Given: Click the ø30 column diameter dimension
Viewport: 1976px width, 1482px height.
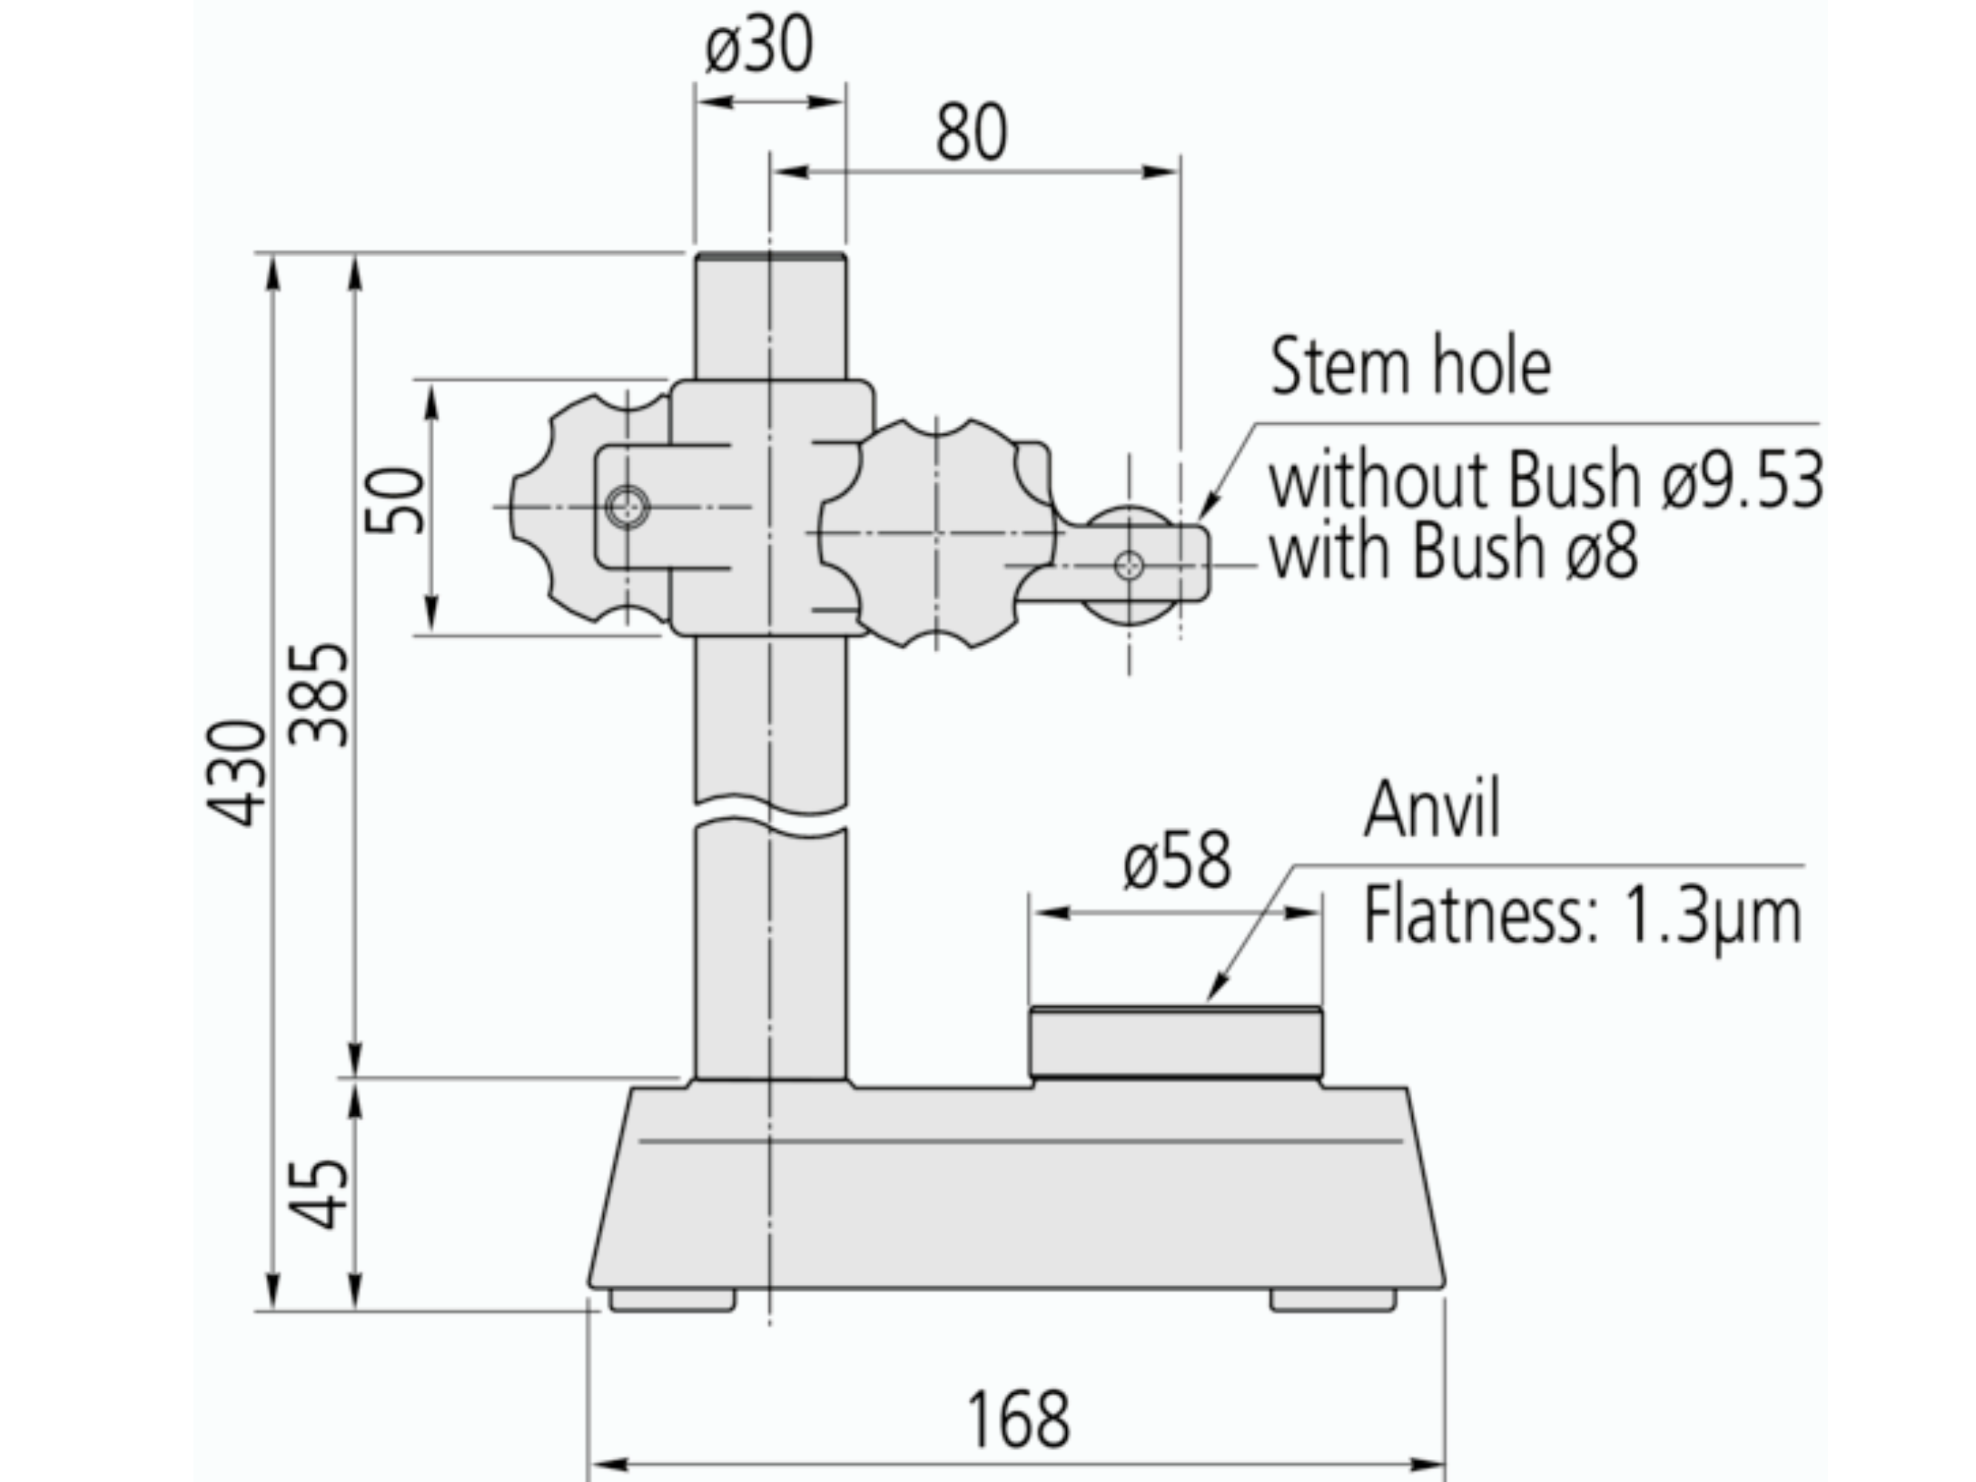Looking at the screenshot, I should point(759,47).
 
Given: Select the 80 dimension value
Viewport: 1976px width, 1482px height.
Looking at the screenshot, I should point(971,134).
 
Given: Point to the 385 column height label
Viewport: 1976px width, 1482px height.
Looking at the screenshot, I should point(319,695).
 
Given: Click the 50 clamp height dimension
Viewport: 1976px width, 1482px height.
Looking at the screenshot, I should point(396,501).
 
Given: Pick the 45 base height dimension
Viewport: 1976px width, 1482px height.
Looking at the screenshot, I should point(319,1195).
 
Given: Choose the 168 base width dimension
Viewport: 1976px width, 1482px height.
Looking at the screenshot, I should point(1017,1420).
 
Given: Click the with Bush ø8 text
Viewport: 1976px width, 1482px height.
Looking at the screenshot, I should point(1454,551).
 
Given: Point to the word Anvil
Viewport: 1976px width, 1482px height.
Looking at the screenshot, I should point(1432,808).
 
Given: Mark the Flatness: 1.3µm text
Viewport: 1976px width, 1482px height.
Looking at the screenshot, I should point(1582,917).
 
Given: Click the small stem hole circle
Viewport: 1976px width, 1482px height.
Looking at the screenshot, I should point(1129,565).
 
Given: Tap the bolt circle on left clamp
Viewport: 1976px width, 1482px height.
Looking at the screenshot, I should point(627,508).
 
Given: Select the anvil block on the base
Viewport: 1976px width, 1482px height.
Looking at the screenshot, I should point(1176,1043).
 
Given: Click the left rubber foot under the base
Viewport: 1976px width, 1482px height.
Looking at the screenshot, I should point(672,1300).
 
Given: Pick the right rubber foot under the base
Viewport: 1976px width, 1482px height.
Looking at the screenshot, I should point(1332,1300).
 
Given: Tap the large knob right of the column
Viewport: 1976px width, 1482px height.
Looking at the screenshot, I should point(937,534).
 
